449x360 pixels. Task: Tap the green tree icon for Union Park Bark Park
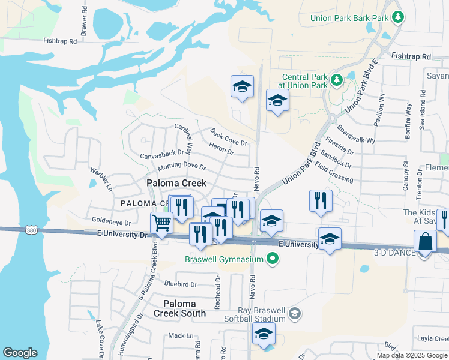tap(396, 17)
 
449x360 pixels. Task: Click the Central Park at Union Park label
tap(305, 81)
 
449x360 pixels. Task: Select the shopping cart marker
tap(161, 224)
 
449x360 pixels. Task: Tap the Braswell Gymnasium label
tap(224, 259)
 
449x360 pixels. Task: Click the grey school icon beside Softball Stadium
tap(294, 313)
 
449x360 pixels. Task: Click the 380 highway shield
tap(32, 230)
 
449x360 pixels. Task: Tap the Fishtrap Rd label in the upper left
tap(60, 41)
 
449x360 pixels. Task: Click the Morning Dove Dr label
tap(181, 167)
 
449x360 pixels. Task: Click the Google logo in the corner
tap(20, 353)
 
